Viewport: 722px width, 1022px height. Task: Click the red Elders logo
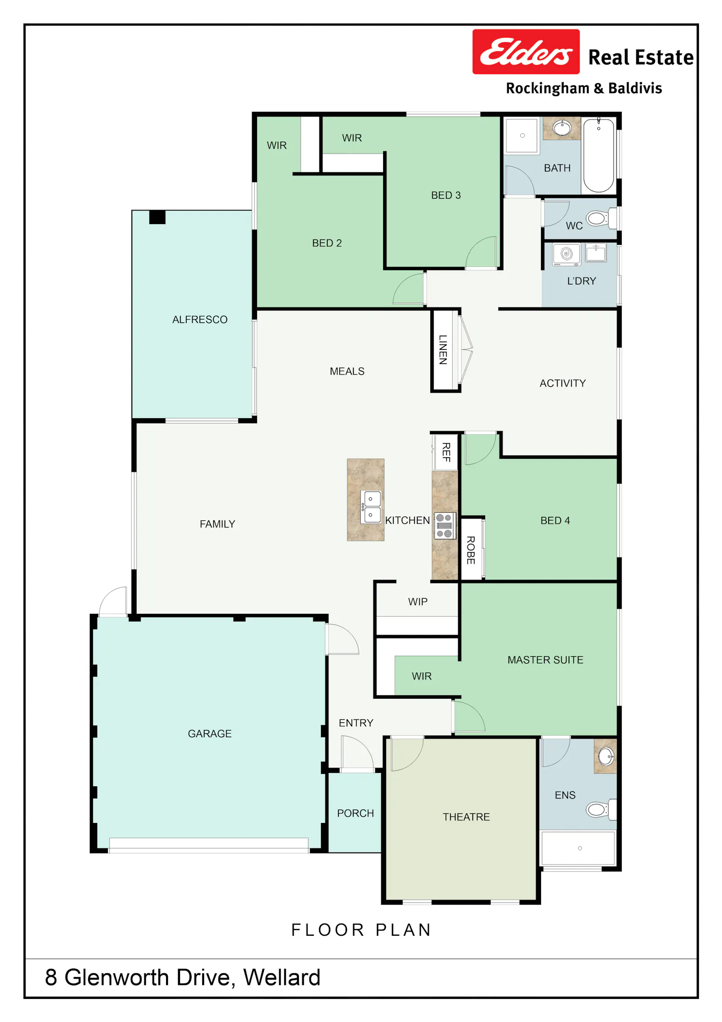click(526, 52)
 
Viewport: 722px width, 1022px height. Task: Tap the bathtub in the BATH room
click(599, 155)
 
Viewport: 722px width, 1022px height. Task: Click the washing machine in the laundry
click(567, 254)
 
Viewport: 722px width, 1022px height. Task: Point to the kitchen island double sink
click(371, 507)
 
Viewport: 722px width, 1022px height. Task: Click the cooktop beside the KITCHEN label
click(444, 525)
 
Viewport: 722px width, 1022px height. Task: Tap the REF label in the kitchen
click(447, 452)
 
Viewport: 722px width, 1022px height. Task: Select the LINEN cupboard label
click(443, 349)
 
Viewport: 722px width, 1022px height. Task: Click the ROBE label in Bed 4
click(471, 550)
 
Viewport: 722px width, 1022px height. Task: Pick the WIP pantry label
click(418, 602)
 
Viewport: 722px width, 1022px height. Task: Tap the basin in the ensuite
click(606, 757)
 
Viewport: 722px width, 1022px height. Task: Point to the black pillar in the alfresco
click(157, 217)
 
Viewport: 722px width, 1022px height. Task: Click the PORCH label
click(356, 813)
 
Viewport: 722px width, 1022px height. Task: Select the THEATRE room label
click(466, 817)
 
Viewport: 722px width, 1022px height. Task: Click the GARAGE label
click(210, 733)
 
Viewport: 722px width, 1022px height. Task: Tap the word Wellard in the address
click(282, 977)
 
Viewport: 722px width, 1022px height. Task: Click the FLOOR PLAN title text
click(361, 929)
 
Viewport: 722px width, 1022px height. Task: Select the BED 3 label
click(446, 195)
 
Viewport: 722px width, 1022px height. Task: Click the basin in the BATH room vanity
click(562, 128)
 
